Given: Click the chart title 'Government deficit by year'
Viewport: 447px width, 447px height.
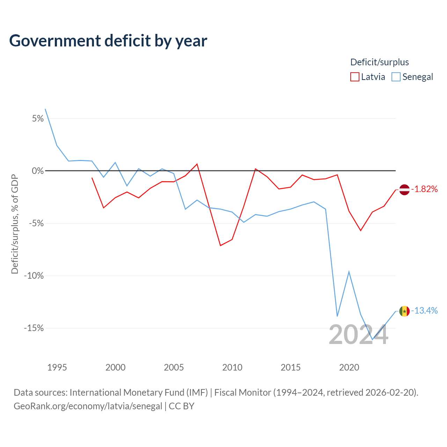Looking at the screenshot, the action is [108, 41].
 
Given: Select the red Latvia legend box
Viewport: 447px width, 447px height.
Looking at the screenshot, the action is [354, 77].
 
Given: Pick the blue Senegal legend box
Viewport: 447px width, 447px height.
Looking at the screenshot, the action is [396, 77].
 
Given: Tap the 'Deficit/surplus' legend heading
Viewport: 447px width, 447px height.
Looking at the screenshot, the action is [380, 62].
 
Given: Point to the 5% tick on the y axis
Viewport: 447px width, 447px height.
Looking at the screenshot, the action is [38, 118].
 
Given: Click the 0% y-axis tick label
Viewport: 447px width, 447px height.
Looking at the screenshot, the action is [38, 171].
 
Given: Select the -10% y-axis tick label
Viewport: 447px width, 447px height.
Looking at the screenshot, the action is [34, 276].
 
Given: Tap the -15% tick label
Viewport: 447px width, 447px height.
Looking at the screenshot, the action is [34, 328].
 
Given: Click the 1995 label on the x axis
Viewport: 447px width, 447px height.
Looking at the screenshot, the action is [57, 367].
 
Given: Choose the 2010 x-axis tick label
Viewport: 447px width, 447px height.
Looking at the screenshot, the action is [232, 367].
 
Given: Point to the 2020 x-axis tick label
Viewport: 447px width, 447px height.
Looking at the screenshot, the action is [349, 367].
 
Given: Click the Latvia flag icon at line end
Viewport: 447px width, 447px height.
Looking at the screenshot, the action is [404, 190].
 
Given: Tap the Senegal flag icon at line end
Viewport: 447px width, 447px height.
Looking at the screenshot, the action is [404, 311].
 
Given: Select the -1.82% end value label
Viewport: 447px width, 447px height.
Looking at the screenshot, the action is [424, 189].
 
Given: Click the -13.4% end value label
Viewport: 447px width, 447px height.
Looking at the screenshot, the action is [424, 310].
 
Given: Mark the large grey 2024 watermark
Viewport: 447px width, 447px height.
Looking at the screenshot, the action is [358, 334].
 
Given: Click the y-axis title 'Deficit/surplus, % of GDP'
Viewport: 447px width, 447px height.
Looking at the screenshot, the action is [15, 224].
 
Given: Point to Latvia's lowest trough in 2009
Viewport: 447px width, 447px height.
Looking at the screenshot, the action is [220, 246].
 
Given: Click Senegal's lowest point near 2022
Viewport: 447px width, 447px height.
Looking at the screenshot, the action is [372, 339].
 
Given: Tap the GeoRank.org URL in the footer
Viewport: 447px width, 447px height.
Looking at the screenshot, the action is [88, 406].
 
